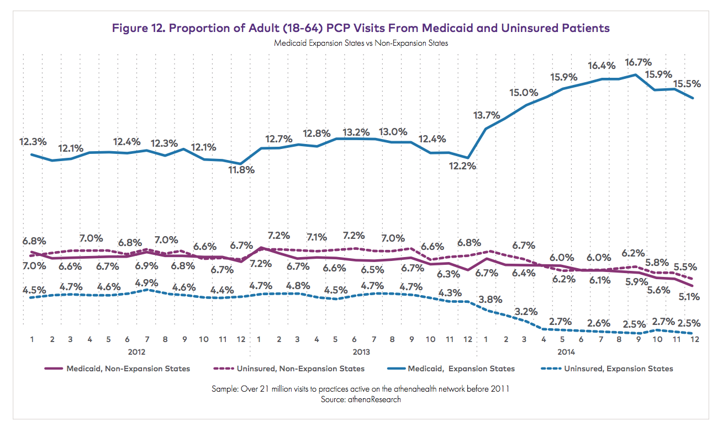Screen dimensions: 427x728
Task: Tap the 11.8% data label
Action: tap(241, 170)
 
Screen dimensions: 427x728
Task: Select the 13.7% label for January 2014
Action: tap(486, 115)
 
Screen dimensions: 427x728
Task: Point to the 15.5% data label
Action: tap(687, 84)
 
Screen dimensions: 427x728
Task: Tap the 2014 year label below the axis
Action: tap(566, 351)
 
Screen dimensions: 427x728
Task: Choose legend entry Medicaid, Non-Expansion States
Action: tap(128, 369)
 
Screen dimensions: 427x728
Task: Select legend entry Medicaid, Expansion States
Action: tap(461, 369)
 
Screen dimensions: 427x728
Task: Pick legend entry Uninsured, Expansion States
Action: tap(619, 369)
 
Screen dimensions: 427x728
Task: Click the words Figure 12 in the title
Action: tap(138, 28)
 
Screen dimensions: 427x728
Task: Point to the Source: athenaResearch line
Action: tap(361, 399)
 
